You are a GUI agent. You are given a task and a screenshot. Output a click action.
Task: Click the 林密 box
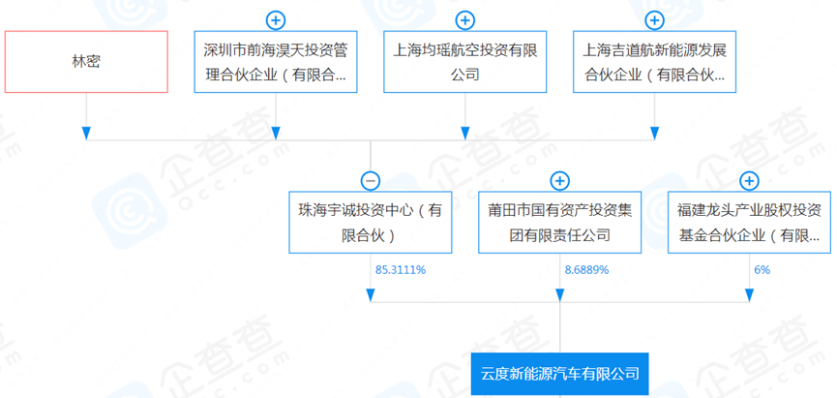(86, 61)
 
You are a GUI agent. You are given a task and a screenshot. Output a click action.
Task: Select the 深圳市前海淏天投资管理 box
(276, 61)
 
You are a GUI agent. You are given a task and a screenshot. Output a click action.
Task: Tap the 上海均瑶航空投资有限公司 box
(464, 61)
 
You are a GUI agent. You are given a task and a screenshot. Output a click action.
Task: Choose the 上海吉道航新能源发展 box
(654, 61)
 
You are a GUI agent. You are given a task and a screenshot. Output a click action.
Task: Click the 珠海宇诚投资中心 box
(371, 222)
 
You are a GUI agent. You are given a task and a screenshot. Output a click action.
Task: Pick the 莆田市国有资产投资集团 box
(559, 222)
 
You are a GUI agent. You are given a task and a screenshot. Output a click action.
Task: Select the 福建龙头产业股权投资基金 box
(750, 222)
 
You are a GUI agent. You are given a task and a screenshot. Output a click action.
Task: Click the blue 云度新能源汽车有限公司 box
(559, 374)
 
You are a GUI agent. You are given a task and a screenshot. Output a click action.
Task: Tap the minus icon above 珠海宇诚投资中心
(371, 181)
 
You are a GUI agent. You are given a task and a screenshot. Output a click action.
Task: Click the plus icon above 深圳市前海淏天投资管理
(276, 20)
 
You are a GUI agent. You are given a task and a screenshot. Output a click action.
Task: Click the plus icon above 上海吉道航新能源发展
(654, 20)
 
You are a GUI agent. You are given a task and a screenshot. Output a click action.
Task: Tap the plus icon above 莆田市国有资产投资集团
(559, 181)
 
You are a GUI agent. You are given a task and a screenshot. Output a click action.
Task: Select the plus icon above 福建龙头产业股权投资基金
(750, 181)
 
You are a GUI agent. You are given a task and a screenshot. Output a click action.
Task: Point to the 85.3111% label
(401, 270)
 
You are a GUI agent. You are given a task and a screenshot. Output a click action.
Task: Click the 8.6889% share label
(586, 270)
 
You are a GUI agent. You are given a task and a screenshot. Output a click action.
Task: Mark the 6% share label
(762, 270)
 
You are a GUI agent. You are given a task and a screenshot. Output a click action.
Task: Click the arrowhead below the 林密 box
(86, 134)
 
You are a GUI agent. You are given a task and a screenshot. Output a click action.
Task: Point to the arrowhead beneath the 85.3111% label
(371, 295)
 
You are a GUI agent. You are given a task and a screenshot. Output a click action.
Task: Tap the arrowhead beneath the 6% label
(750, 295)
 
